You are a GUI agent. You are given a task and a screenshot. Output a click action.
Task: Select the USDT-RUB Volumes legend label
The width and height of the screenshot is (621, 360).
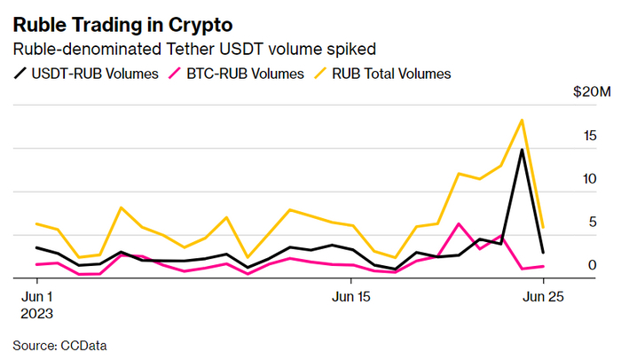point(96,74)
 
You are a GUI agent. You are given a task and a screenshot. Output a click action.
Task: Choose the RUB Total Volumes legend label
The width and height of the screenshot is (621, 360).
point(391,74)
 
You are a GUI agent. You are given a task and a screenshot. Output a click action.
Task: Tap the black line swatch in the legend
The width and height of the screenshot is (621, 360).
point(21,74)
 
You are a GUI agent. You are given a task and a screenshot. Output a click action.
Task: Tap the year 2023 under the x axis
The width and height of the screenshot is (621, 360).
point(37,314)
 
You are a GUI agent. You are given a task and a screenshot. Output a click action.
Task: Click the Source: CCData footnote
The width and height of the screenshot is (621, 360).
point(66,344)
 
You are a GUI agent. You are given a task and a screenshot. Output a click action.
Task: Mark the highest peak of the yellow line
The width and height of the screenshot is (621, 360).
point(522,120)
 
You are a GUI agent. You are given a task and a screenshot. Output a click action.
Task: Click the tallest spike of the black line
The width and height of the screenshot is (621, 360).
point(522,150)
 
